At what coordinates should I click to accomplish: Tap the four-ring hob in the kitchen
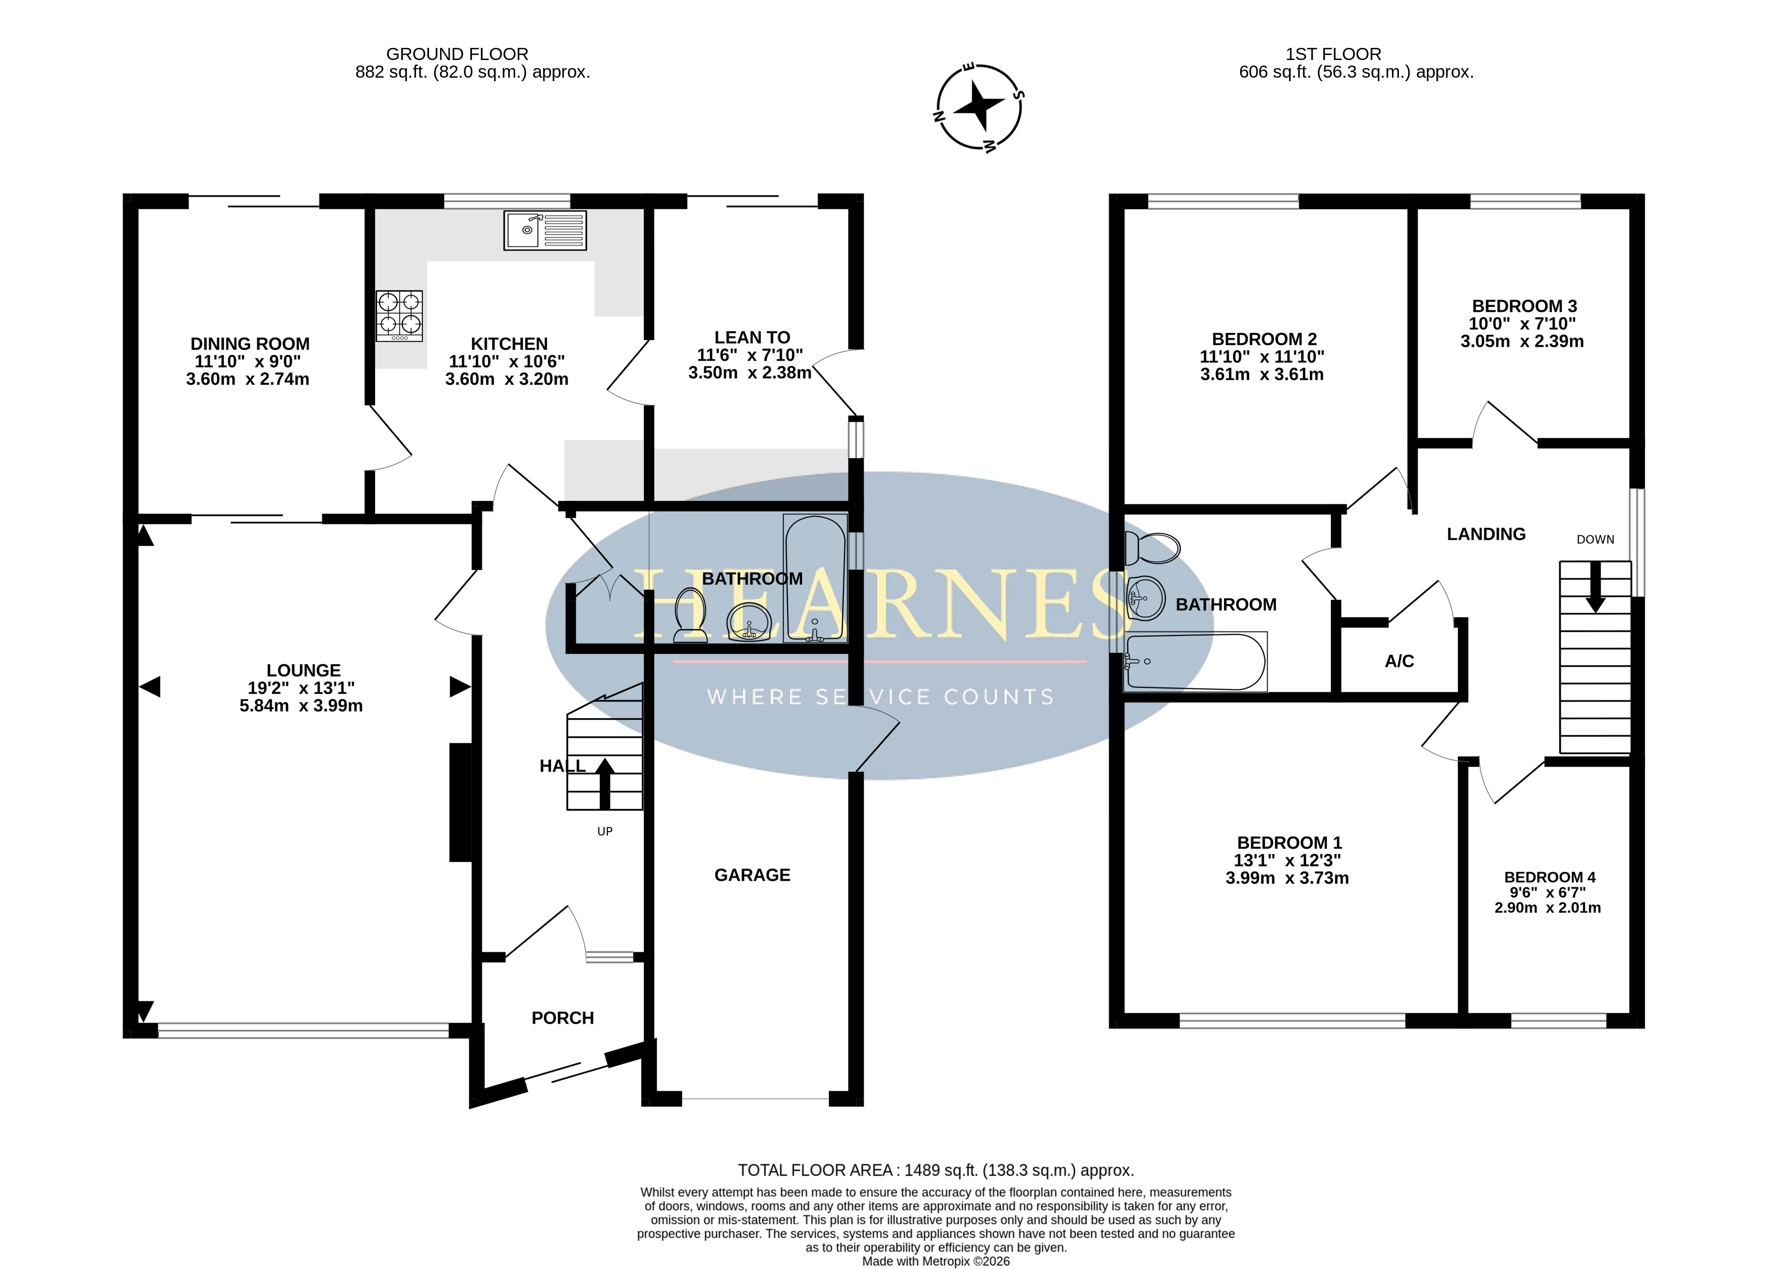click(x=399, y=316)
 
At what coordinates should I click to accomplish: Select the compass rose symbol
click(x=979, y=107)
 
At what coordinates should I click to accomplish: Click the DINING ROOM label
click(x=250, y=344)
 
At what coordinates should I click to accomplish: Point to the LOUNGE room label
click(x=303, y=671)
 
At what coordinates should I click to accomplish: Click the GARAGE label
click(x=752, y=875)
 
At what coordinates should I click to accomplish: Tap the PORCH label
click(x=563, y=1018)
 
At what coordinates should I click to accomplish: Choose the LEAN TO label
click(x=752, y=338)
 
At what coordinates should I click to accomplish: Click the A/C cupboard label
click(x=1399, y=661)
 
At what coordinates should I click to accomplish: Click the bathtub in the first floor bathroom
click(x=1195, y=661)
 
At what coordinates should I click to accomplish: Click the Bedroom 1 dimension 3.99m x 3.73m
click(x=1287, y=878)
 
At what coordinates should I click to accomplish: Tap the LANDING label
click(x=1486, y=534)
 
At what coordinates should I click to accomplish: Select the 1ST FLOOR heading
click(x=1333, y=54)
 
